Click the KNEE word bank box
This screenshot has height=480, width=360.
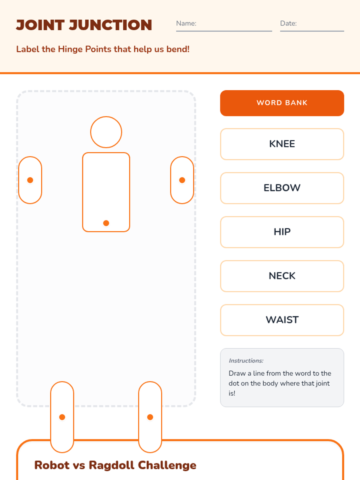tap(282, 144)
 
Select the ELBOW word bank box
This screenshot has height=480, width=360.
tap(282, 188)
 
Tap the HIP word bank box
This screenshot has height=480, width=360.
tap(282, 232)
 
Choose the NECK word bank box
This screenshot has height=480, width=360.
tap(282, 276)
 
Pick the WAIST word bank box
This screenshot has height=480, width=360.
tap(282, 320)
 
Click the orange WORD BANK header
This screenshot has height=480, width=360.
tap(282, 103)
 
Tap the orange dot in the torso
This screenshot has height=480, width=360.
tap(106, 223)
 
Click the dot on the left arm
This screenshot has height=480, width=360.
tap(30, 180)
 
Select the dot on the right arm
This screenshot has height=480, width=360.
tap(182, 180)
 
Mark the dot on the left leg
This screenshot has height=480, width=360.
tap(62, 417)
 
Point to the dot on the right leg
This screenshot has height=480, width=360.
tap(150, 417)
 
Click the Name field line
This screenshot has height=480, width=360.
tap(224, 31)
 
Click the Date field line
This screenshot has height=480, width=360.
tap(312, 31)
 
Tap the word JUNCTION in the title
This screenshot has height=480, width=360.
tap(111, 25)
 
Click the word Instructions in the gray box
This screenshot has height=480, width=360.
tap(246, 361)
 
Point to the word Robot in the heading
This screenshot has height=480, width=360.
tap(52, 465)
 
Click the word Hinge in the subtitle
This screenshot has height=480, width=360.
tap(70, 49)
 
